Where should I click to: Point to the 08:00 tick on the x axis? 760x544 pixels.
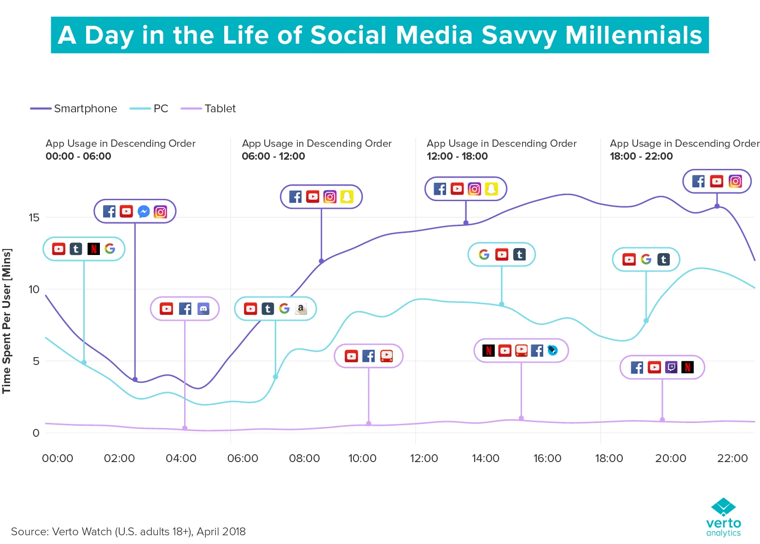point(304,458)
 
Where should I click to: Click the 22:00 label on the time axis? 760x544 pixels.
point(732,458)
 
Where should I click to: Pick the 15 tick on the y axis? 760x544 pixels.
point(34,218)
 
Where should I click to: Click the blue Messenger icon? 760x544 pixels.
point(143,211)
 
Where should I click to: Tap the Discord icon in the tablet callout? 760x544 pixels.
point(203,308)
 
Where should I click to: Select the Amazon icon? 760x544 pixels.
point(301,308)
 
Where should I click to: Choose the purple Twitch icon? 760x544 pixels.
point(671,367)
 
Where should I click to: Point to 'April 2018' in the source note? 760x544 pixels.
point(221,532)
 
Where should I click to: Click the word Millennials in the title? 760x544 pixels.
point(633,35)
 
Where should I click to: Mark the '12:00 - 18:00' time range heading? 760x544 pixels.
point(457,156)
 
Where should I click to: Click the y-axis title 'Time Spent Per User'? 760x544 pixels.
point(6,321)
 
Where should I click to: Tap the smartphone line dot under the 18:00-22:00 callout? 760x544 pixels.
point(717,206)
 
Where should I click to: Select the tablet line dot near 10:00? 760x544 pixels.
point(369,423)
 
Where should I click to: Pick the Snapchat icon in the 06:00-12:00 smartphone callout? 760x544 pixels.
point(347,197)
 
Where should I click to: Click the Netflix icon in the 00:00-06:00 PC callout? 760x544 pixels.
point(93,249)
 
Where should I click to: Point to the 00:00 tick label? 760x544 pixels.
point(58,458)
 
